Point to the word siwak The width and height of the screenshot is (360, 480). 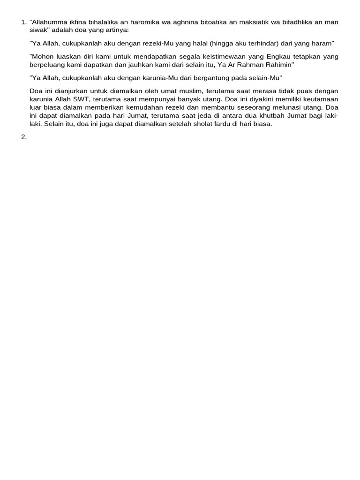pyautogui.click(x=38, y=29)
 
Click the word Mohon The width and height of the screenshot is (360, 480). pyautogui.click(x=42, y=56)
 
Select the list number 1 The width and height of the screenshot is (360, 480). pyautogui.click(x=24, y=22)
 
